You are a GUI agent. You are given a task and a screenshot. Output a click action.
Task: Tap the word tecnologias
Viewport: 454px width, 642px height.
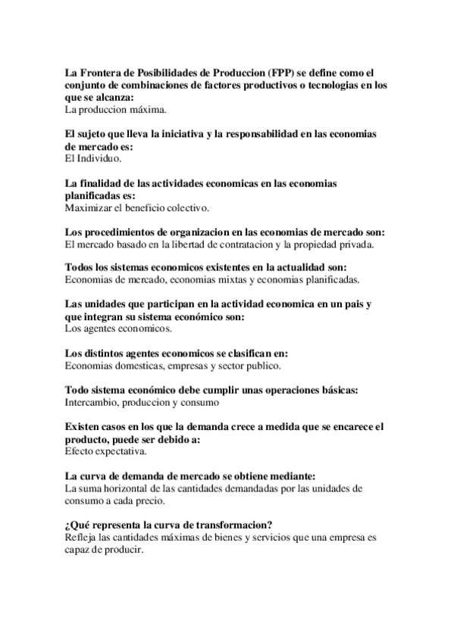pos(338,86)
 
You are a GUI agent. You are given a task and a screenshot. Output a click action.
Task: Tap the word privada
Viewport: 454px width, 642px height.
pos(354,245)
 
